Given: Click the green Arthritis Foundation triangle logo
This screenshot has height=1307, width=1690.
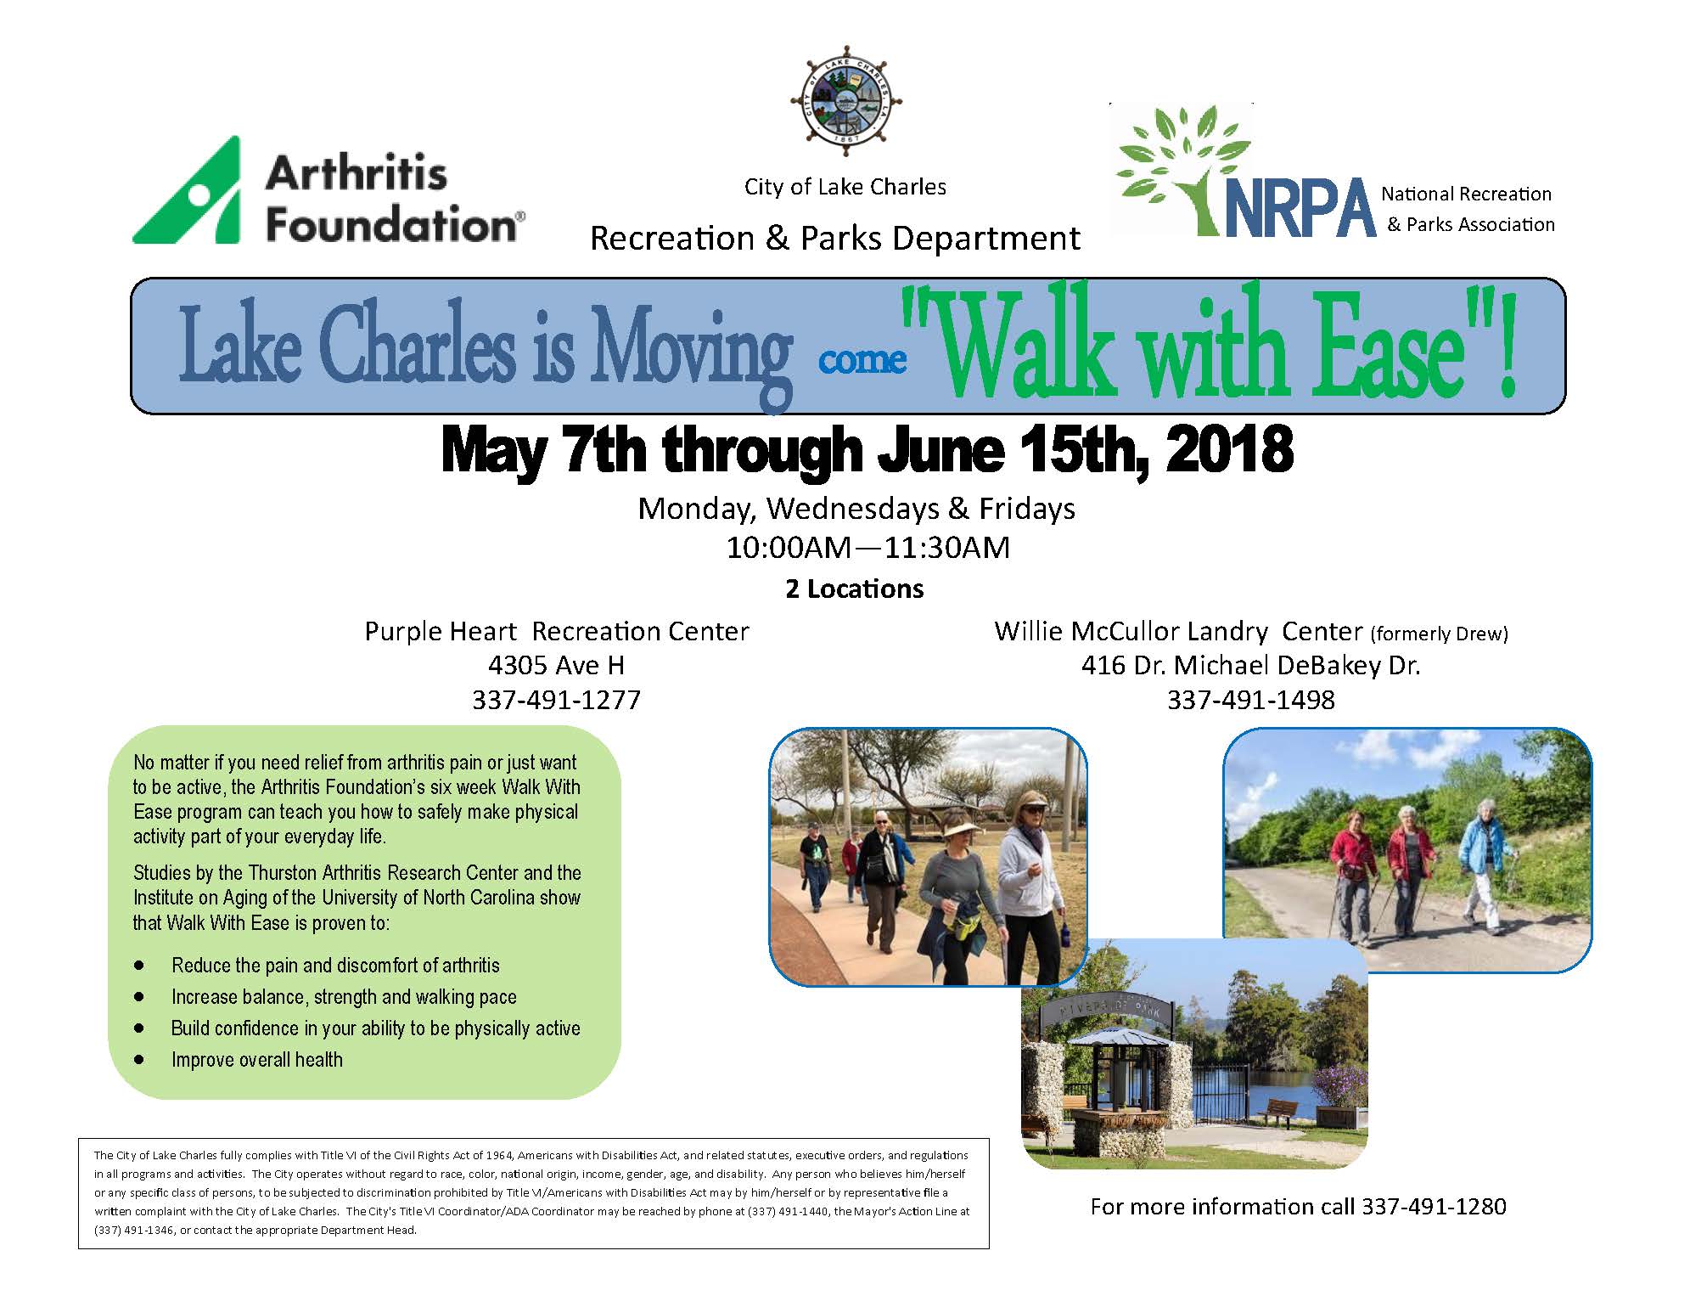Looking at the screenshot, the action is [x=187, y=191].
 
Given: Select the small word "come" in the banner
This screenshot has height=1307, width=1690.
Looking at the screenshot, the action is [x=862, y=360].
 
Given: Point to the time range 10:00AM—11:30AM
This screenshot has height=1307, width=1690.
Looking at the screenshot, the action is [x=867, y=548].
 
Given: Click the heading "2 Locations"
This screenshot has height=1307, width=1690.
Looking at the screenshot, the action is [x=854, y=589].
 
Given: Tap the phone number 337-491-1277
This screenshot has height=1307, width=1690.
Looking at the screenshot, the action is [x=556, y=700].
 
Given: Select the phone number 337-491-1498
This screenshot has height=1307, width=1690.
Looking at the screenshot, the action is [x=1250, y=700].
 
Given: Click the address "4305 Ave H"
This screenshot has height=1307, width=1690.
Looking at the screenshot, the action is [x=556, y=665].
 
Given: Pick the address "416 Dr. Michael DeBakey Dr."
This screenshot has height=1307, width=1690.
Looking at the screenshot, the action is [x=1250, y=665].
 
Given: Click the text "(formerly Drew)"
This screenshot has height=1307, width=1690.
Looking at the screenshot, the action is [x=1440, y=634].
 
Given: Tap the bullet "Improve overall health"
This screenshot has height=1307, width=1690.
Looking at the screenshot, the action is [x=257, y=1060].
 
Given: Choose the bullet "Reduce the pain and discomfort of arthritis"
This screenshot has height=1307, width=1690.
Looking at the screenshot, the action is [x=335, y=966].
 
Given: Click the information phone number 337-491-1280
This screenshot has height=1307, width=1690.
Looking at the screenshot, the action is [x=1434, y=1207].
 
